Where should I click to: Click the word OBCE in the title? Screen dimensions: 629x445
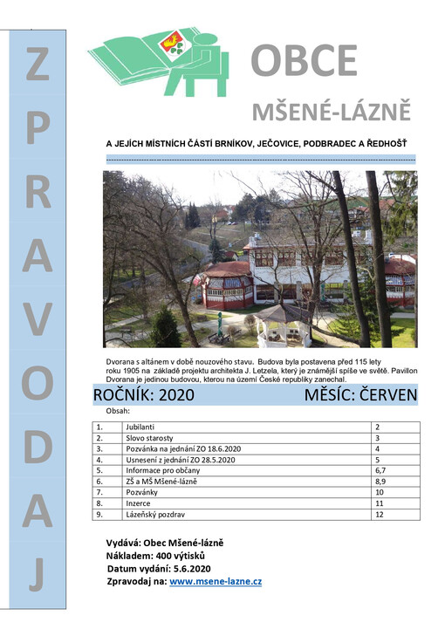[304, 60]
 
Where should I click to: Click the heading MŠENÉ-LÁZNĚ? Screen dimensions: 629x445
[331, 112]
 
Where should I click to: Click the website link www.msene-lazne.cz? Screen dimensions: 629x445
[216, 580]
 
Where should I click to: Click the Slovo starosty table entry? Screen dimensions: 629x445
[150, 437]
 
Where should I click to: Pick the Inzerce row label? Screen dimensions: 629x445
[140, 503]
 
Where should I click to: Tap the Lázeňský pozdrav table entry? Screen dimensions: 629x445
[154, 514]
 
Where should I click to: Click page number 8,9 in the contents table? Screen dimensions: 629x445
[380, 482]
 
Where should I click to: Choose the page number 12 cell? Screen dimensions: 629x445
[379, 514]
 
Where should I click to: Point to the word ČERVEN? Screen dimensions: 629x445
[380, 396]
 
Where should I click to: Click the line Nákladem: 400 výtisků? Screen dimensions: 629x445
[156, 556]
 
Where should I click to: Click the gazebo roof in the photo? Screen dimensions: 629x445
[284, 311]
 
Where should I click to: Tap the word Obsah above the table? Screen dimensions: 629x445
[118, 410]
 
